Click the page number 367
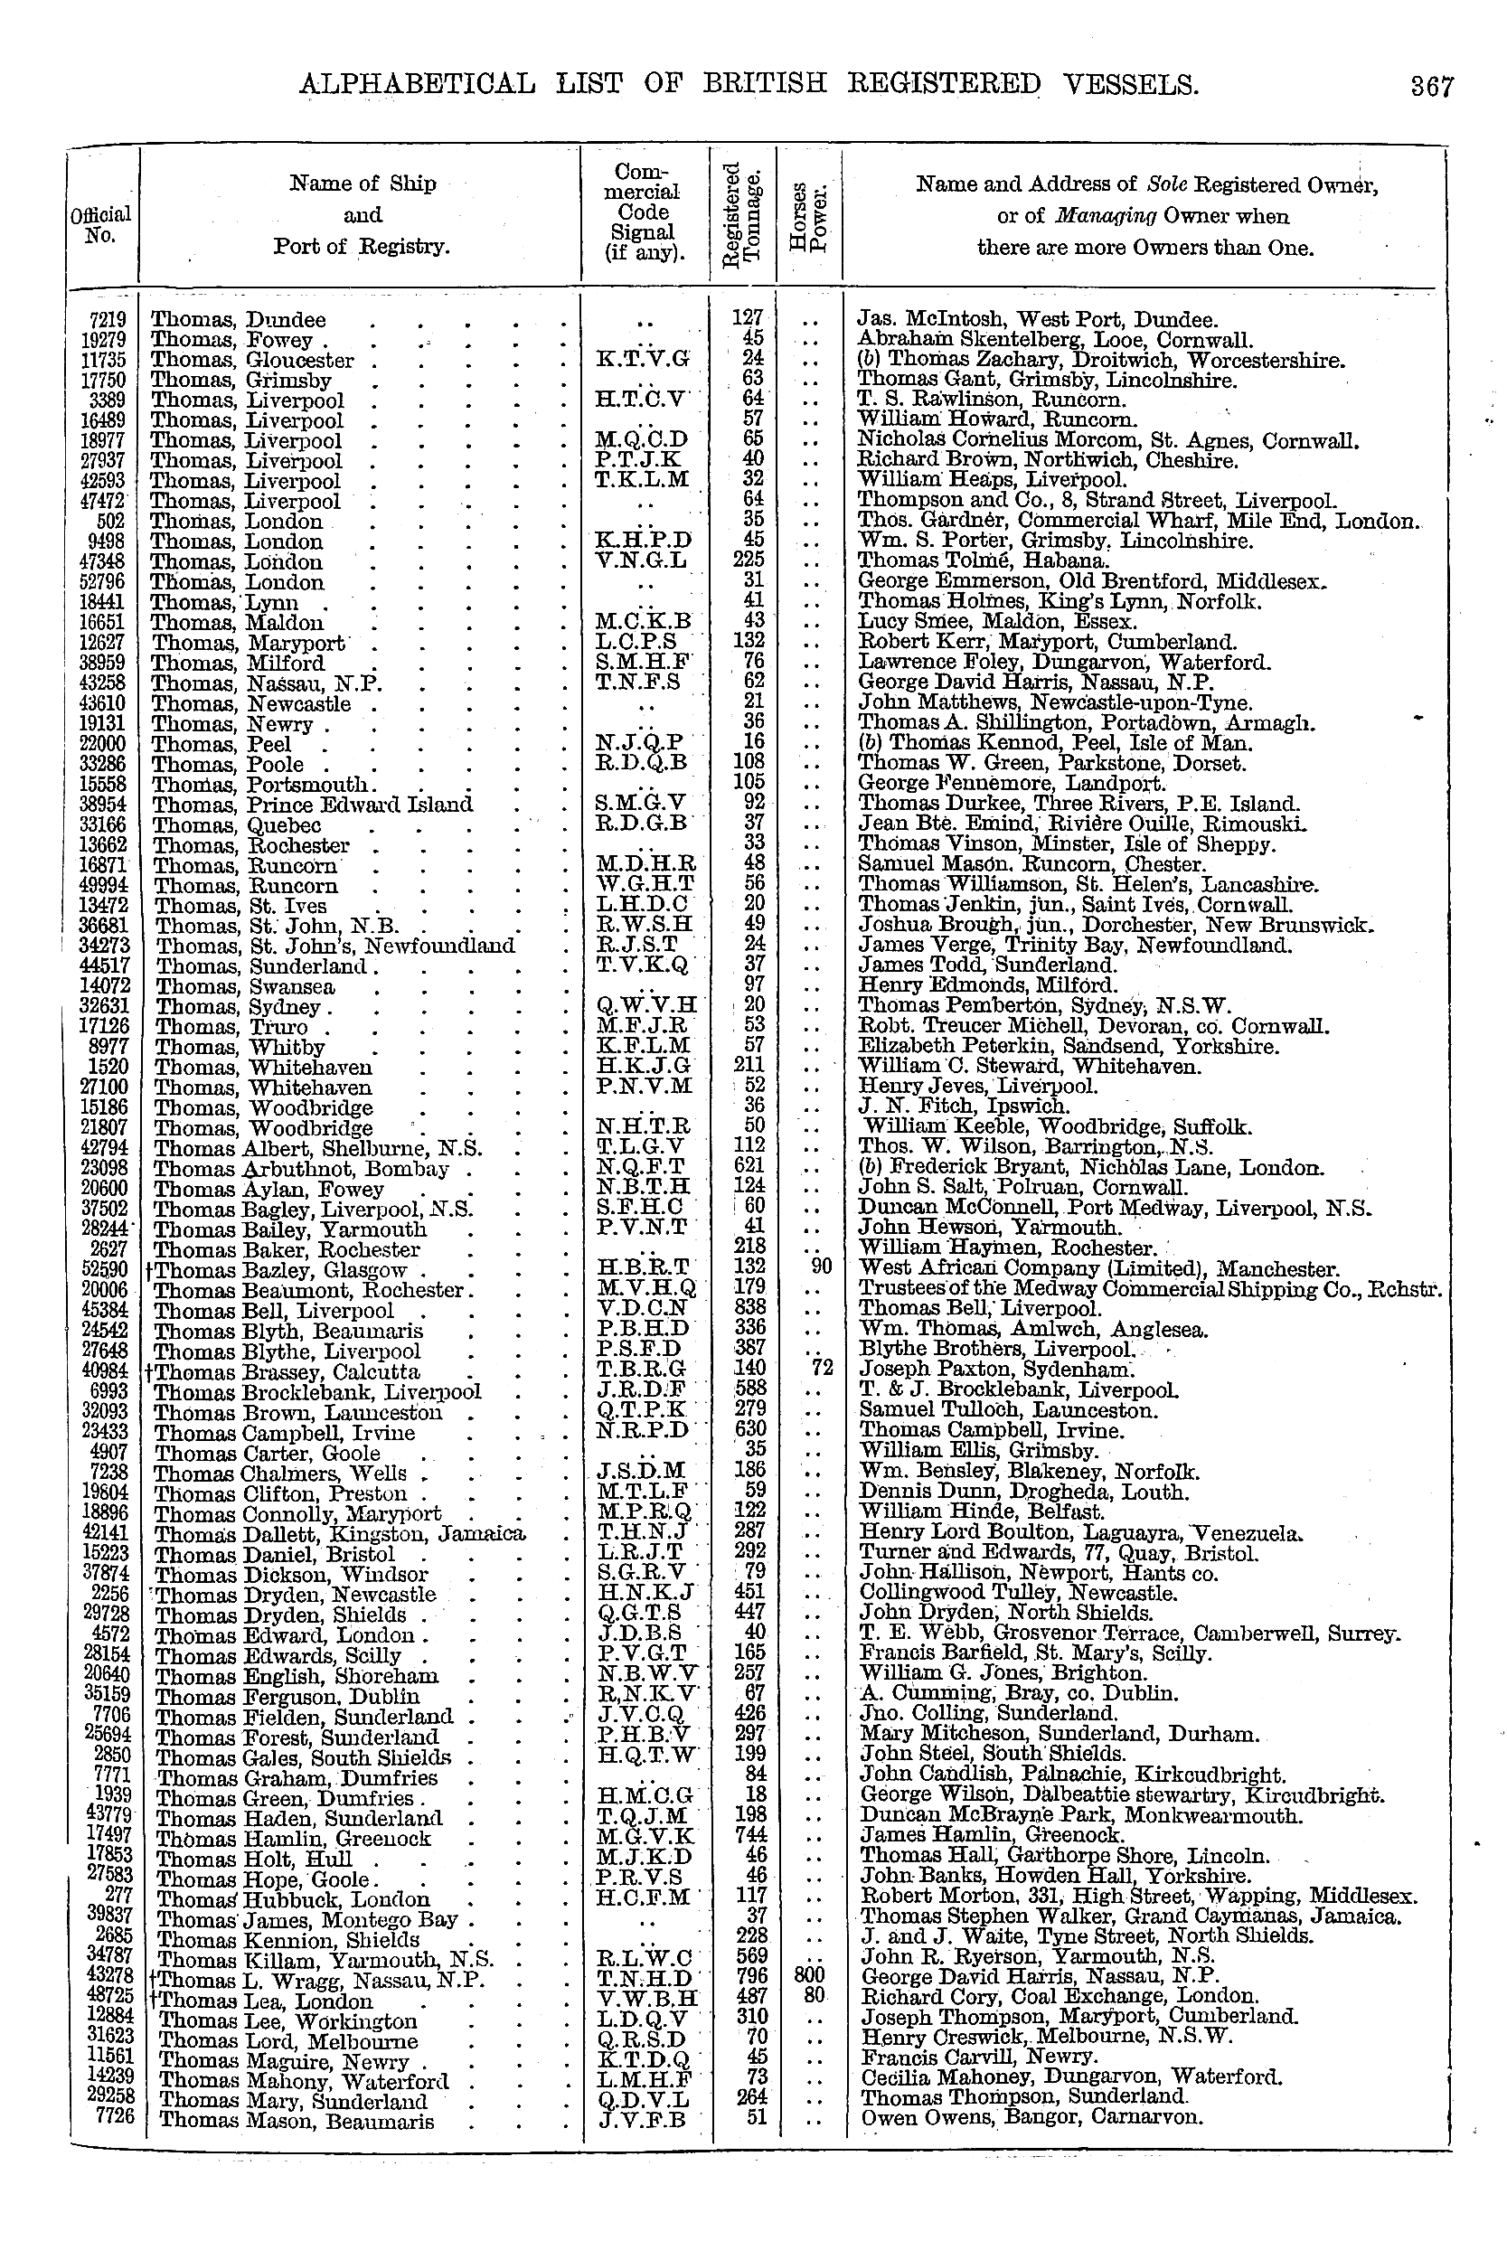tap(1432, 87)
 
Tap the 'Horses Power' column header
tap(809, 216)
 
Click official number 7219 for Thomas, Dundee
tap(108, 319)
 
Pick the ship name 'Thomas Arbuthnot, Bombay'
tap(302, 1170)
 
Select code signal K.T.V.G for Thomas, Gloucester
tap(643, 361)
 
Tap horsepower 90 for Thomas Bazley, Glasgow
tap(821, 1267)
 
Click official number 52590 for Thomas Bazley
tap(106, 1268)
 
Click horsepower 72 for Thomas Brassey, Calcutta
tap(820, 1368)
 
